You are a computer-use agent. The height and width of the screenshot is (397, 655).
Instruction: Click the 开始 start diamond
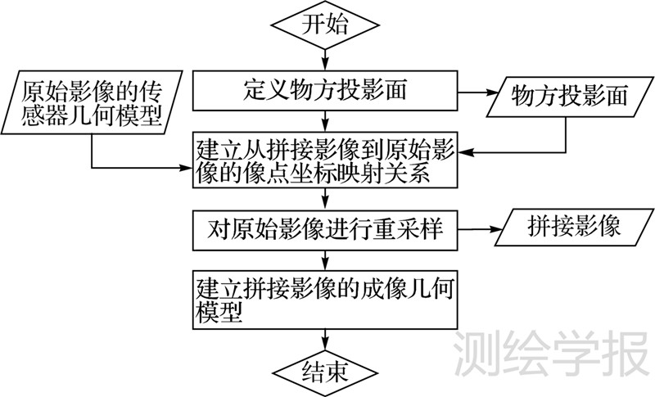pyautogui.click(x=327, y=24)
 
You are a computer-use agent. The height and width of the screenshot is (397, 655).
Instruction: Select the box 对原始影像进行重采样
pyautogui.click(x=325, y=230)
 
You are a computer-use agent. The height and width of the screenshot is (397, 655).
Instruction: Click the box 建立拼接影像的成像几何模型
pyautogui.click(x=325, y=299)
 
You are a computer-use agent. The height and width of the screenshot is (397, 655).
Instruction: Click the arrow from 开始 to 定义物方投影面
pyautogui.click(x=327, y=57)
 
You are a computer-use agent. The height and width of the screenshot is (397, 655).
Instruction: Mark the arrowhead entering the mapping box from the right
pyautogui.click(x=465, y=151)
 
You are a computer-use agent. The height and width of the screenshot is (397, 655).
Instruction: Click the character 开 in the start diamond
pyautogui.click(x=314, y=24)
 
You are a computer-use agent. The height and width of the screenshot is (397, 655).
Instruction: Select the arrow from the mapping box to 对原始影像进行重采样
pyautogui.click(x=327, y=199)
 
